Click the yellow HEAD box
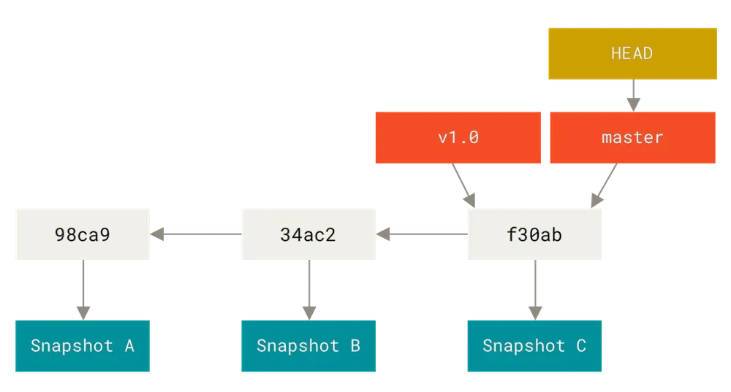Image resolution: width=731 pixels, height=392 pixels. pos(632,53)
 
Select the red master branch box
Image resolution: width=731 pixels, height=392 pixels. pos(632,137)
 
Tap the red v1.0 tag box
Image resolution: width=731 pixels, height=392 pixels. pos(458,137)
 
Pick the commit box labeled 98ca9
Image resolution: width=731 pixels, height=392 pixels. pos(83,234)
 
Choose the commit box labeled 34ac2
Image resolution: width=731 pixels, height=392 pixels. pos(308,234)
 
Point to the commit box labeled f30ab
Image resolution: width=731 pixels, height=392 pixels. pos(535,234)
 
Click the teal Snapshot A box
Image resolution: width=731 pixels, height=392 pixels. pos(83,346)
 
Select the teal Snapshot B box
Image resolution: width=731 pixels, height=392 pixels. pos(308,346)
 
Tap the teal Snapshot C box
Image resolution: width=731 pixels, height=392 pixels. pos(535,346)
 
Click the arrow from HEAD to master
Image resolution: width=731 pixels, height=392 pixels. pos(633,96)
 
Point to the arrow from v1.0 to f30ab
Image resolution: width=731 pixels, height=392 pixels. pos(464,185)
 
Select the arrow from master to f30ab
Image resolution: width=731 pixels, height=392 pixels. pos(604,185)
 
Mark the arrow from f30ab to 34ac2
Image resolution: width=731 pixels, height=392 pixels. pos(422,234)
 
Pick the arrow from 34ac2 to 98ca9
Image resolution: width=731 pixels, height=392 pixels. pos(196,234)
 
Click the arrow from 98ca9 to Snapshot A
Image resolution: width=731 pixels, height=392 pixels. pos(83,290)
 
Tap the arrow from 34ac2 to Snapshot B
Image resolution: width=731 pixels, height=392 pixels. pos(309,290)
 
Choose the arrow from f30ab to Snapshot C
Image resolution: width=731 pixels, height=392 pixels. pos(535,290)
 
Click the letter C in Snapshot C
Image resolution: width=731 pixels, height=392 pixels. pos(581,346)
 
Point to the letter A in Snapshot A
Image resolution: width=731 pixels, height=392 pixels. pos(129,346)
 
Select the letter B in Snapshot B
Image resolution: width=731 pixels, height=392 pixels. pos(355,346)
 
